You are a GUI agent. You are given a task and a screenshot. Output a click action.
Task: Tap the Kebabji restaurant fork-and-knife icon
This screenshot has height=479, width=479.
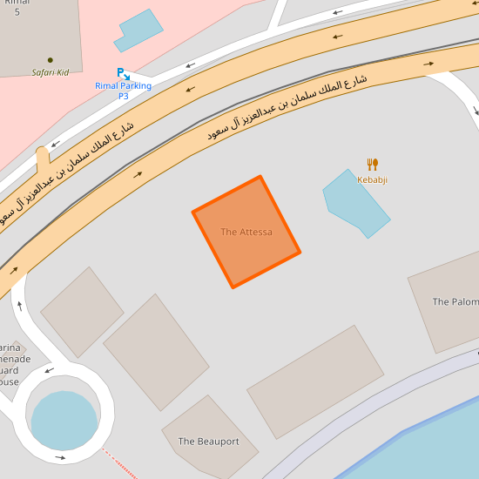pyautogui.click(x=373, y=164)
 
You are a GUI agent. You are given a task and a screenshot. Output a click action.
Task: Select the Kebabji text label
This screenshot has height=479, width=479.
pyautogui.click(x=373, y=179)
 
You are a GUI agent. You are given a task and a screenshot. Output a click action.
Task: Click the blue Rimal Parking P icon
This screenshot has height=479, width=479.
pyautogui.click(x=124, y=74)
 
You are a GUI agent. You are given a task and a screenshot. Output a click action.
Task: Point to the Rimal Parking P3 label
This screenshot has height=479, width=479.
pyautogui.click(x=124, y=91)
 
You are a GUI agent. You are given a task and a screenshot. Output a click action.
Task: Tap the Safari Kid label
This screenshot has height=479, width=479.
pyautogui.click(x=51, y=72)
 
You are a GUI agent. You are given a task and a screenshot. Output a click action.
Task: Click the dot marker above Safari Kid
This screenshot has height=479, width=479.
pyautogui.click(x=51, y=60)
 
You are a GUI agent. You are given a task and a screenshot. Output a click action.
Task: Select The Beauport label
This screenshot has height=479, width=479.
pyautogui.click(x=208, y=442)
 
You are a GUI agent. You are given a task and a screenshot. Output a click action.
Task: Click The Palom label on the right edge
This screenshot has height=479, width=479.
pyautogui.click(x=455, y=302)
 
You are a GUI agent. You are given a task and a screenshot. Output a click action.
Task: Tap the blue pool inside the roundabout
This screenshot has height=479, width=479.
pyautogui.click(x=64, y=421)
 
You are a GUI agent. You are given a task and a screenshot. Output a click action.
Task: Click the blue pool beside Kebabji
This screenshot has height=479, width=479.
pyautogui.click(x=356, y=203)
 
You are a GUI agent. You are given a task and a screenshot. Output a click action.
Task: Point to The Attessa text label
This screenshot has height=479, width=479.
pyautogui.click(x=246, y=232)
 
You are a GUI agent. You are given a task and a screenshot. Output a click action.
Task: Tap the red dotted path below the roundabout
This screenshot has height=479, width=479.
pyautogui.click(x=118, y=462)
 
